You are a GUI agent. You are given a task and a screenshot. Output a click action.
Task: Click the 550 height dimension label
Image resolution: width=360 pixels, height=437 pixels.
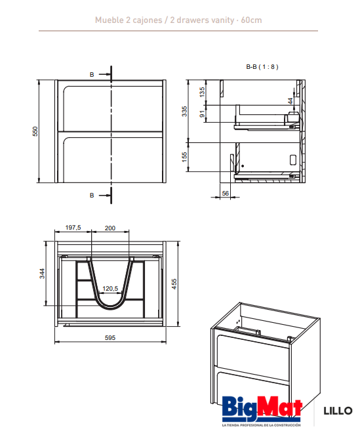pos(35,131)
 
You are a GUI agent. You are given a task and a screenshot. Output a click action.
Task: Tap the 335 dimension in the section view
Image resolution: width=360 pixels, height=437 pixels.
pos(184,111)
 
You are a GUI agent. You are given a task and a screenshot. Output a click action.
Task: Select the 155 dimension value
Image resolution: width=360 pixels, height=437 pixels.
pos(184,157)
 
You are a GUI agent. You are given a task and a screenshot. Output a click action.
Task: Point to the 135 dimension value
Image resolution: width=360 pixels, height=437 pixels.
pos(202,92)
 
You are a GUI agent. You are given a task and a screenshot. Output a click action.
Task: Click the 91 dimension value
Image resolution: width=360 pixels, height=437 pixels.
pos(202,114)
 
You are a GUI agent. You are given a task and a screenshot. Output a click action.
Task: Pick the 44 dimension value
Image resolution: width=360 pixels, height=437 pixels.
pos(290,101)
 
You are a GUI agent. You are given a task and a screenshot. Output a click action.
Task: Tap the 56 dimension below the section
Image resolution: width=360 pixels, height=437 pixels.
pos(225,193)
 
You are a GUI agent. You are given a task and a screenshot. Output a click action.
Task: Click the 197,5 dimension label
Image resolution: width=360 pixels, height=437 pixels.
pos(73,228)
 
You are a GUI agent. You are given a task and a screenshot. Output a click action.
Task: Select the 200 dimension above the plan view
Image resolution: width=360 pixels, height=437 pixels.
pos(110,228)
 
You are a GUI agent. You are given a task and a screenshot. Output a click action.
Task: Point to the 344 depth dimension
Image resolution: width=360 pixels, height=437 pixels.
pos(42,274)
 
